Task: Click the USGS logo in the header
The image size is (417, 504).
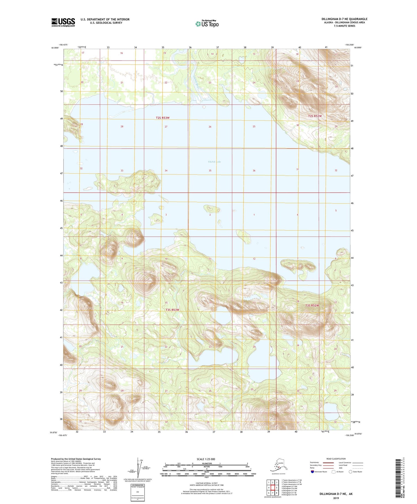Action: pos(63,22)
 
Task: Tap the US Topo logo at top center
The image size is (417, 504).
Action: pos(207,24)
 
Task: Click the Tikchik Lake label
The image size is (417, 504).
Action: pos(214,162)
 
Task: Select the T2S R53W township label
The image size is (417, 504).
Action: pos(162,118)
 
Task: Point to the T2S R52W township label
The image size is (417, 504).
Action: pos(315,116)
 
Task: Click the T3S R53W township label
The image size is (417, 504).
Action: pos(172,310)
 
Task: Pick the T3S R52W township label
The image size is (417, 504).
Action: pos(312,305)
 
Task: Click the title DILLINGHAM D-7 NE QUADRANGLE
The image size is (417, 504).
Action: pos(344,19)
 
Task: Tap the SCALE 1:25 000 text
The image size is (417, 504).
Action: pos(206,459)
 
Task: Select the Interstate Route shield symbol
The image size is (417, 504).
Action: pos(313,472)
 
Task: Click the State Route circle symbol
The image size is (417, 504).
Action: pos(350,472)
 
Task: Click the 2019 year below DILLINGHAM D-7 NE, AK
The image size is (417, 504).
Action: pos(336,498)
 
